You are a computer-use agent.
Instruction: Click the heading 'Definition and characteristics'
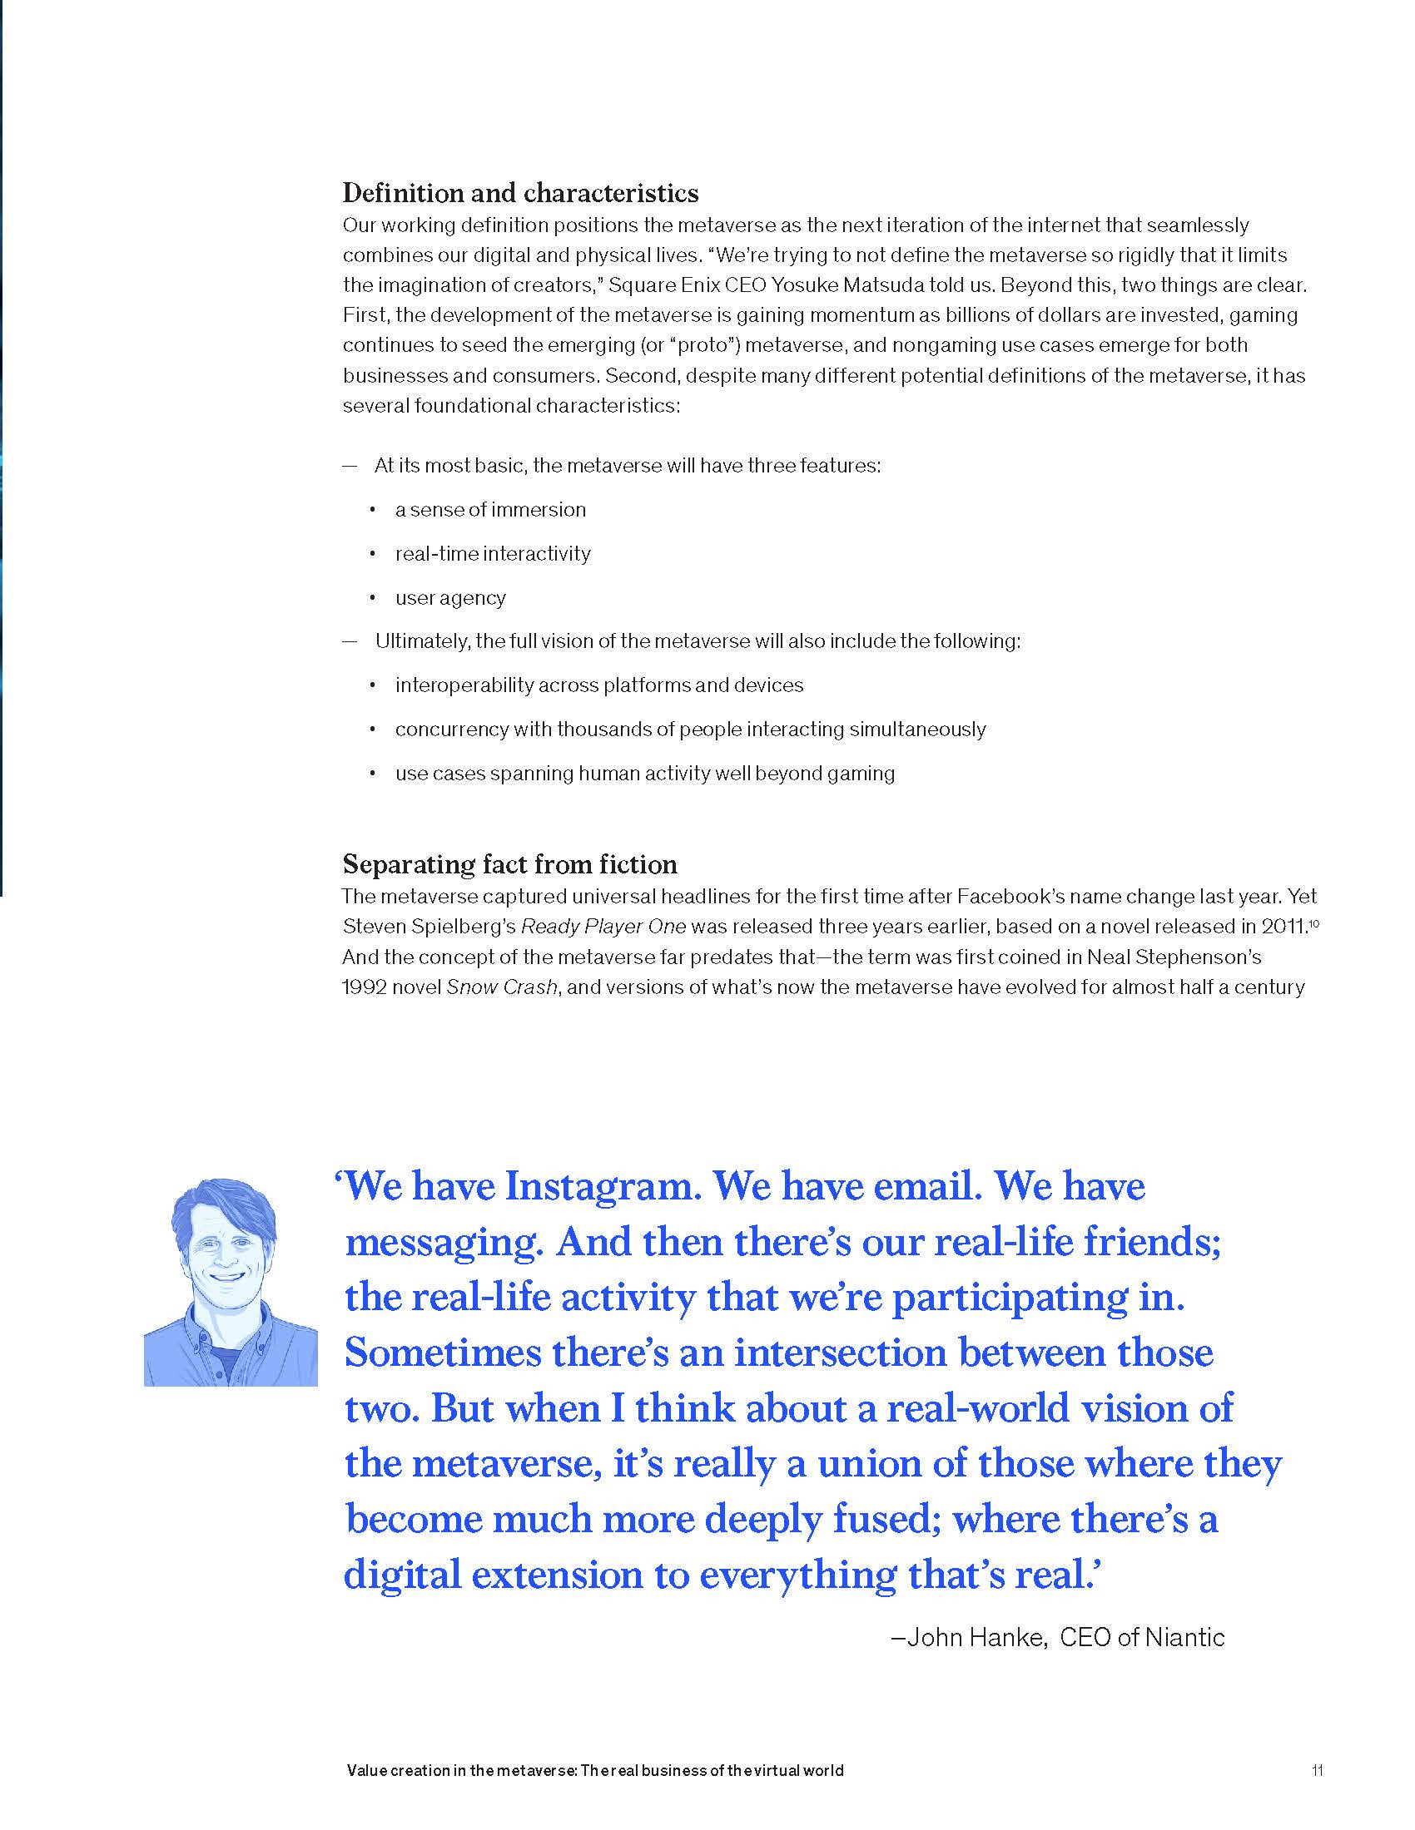coord(519,194)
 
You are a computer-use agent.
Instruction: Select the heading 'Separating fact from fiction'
coord(509,864)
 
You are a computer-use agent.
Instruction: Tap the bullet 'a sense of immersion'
coord(490,509)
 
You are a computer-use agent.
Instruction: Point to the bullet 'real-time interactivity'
coord(493,554)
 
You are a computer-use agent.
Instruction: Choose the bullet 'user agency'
coord(450,598)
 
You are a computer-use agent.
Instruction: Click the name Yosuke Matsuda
coord(847,284)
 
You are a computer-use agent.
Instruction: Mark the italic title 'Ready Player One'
coord(603,927)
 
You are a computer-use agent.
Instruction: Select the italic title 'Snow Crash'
coord(501,987)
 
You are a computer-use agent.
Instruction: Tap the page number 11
coord(1317,1770)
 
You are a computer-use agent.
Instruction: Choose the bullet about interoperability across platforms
coord(598,685)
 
